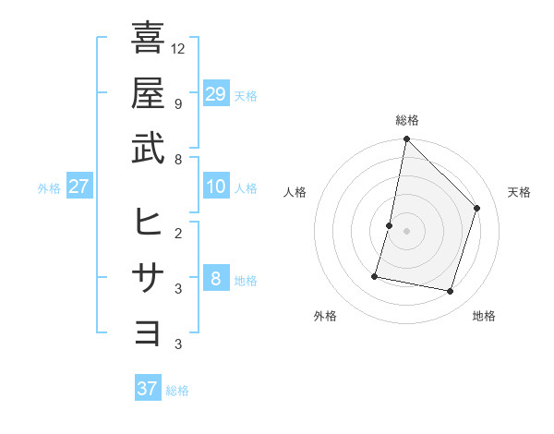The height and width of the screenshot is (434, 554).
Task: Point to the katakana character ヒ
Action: [148, 222]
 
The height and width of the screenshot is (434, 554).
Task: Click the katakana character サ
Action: [148, 277]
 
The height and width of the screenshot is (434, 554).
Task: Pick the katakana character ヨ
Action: [148, 332]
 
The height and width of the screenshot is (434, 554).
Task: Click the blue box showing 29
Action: [215, 93]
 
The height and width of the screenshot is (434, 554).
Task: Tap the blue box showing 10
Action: [215, 187]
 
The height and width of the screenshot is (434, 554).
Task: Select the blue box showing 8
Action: [215, 279]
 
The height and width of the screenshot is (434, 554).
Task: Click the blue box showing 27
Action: [78, 187]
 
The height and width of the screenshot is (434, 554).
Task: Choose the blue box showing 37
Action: [147, 389]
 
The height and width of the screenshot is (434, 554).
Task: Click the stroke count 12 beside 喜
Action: [178, 48]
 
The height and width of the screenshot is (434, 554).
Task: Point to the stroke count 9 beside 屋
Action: [177, 103]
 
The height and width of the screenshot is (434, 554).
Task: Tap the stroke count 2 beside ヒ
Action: [177, 233]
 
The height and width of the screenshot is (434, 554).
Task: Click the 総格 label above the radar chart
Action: [406, 120]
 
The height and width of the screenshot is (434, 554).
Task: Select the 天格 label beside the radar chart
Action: [519, 192]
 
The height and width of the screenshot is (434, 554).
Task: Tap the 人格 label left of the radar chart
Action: [295, 192]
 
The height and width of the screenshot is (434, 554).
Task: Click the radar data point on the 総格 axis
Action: [406, 140]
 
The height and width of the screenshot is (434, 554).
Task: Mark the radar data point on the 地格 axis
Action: [450, 292]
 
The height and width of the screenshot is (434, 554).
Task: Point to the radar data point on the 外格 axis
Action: [375, 275]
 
